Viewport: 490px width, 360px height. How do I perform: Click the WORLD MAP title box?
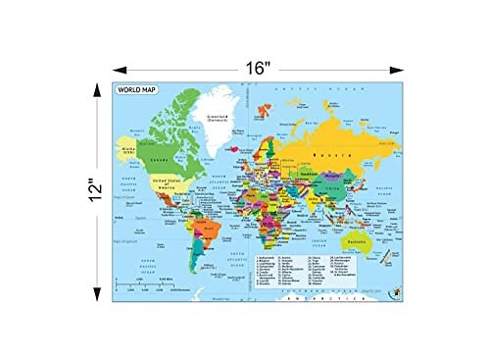pos(136,91)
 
